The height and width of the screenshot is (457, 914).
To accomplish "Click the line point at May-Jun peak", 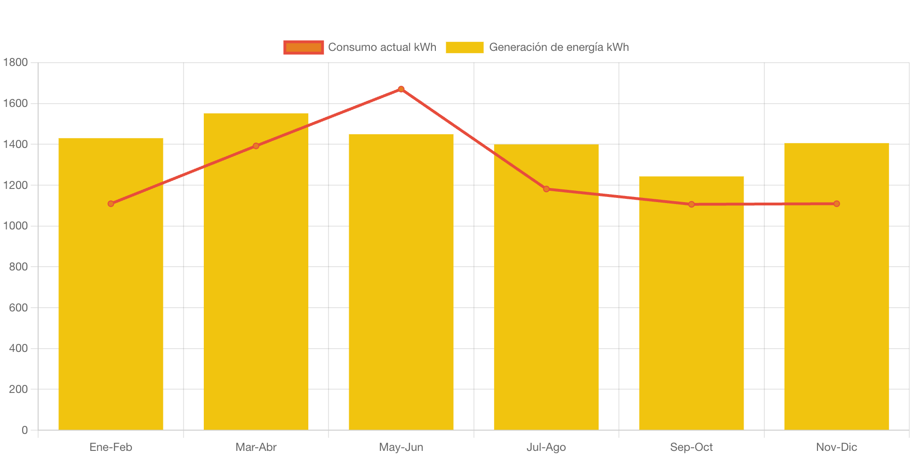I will point(401,89).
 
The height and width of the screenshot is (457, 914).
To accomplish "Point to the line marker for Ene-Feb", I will point(111,204).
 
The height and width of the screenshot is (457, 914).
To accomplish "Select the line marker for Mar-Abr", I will point(256,146).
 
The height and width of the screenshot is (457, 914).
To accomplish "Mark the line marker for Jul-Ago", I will point(546,189).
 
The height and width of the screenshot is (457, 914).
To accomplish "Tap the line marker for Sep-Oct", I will point(691,204).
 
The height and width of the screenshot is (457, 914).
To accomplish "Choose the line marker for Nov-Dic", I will point(836,204).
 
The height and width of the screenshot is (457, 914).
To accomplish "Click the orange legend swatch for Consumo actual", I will point(304,47).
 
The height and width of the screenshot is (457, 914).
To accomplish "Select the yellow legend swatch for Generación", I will point(465,47).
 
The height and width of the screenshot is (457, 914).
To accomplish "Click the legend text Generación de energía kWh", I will point(559,47).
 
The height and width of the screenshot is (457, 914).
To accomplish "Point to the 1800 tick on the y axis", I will point(16,62).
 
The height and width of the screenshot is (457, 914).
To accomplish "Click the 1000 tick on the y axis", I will point(16,226).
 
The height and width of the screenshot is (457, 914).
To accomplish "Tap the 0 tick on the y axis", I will point(24,430).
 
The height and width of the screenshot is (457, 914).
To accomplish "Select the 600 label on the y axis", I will point(18,308).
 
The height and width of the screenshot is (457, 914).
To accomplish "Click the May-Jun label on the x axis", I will point(401,447).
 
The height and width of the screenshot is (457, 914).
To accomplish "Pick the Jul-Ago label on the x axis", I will point(546,447).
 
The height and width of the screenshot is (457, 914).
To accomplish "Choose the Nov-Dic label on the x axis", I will point(836,447).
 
